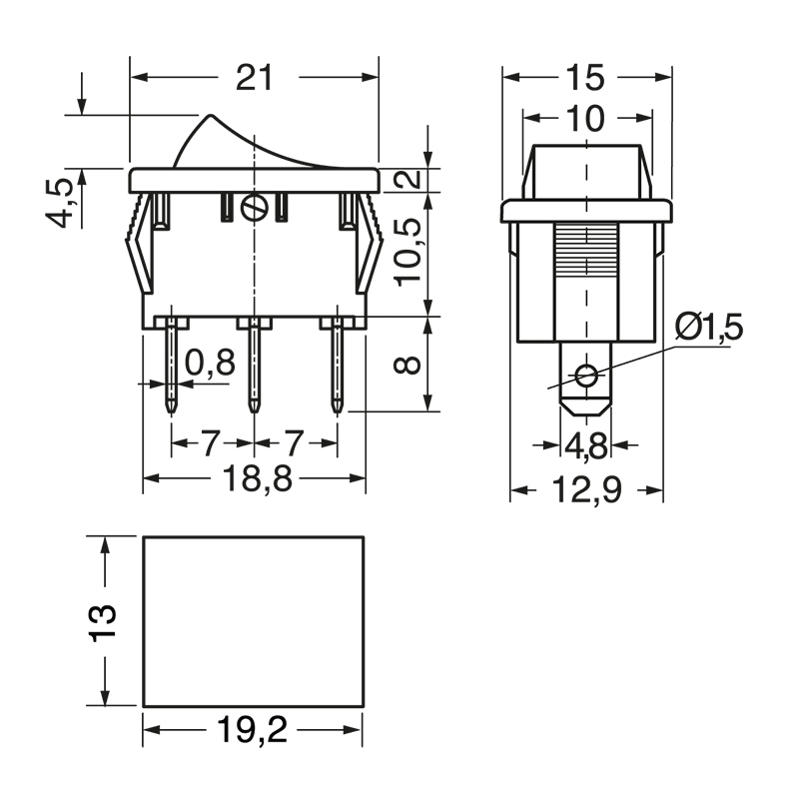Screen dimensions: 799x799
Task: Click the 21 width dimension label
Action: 254,77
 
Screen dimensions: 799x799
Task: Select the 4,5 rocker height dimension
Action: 63,203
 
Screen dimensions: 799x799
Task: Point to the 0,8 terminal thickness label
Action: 210,363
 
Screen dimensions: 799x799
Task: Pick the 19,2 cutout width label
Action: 252,732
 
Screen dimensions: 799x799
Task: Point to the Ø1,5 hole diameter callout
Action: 708,328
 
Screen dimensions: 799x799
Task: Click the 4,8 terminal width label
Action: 585,445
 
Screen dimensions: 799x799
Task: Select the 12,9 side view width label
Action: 586,490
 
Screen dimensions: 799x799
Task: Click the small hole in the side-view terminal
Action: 586,377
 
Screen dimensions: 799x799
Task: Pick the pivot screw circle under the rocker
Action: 257,208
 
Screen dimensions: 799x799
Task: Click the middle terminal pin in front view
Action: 255,365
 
